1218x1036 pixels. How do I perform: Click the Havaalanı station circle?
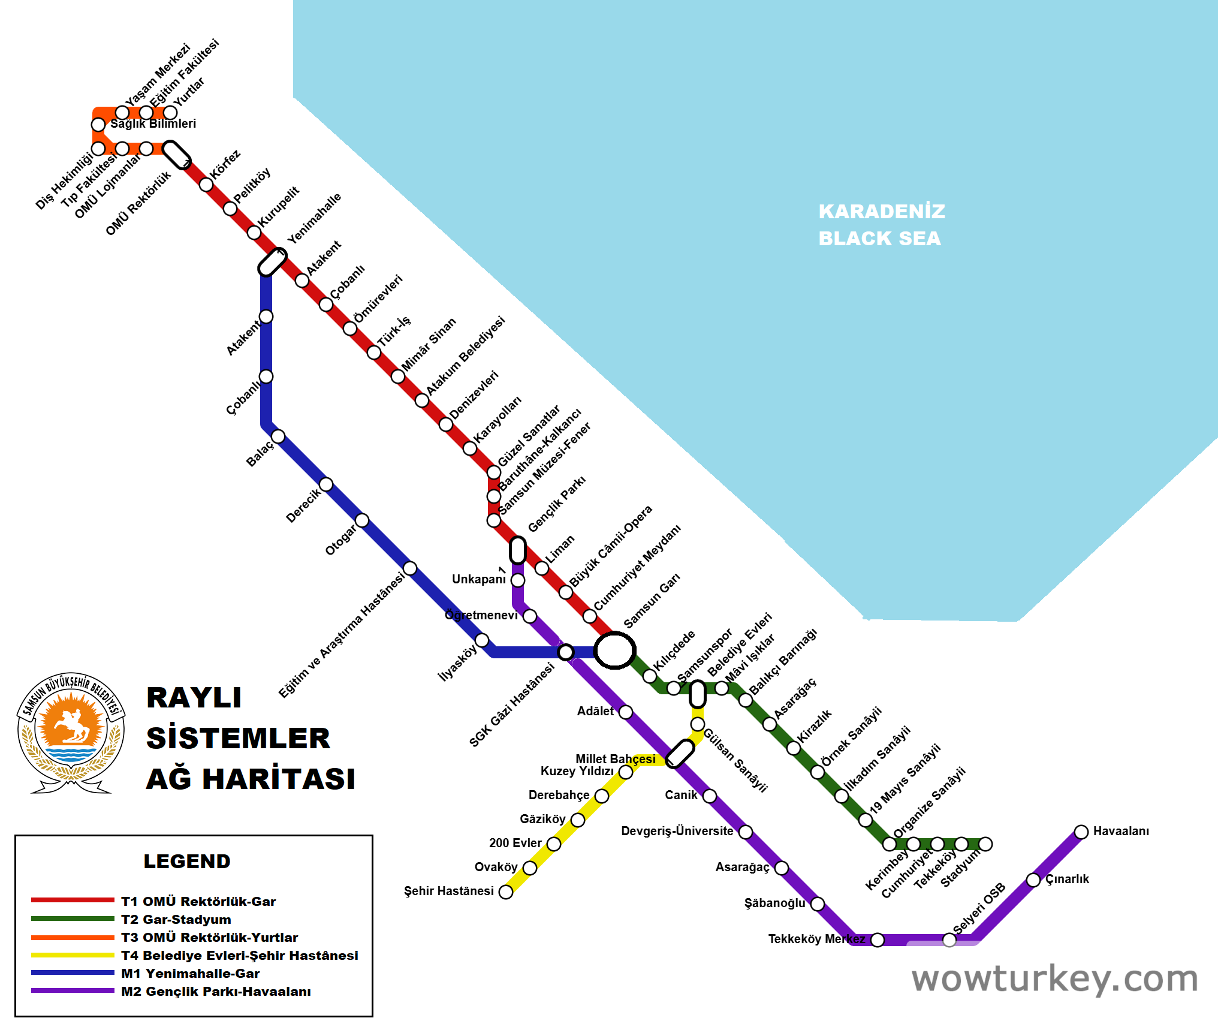1081,832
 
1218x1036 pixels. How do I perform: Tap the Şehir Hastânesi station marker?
506,892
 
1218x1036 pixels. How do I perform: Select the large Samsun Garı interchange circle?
614,650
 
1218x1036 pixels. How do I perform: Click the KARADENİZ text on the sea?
882,212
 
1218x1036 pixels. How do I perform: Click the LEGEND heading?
187,861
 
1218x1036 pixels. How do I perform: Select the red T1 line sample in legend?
73,900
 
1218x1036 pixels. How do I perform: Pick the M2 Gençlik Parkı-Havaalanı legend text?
216,992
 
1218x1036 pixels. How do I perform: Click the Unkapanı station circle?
518,580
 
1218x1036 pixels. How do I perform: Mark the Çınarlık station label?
1067,879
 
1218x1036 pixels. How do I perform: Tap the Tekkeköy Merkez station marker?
877,939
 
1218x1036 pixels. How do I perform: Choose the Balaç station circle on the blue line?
278,436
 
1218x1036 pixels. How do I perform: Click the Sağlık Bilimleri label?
153,124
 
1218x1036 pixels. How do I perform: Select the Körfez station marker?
206,184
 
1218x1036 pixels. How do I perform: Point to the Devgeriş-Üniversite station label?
677,831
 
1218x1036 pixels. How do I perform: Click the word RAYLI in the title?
194,698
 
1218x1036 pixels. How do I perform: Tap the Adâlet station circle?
626,712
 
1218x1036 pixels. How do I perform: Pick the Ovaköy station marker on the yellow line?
530,868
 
